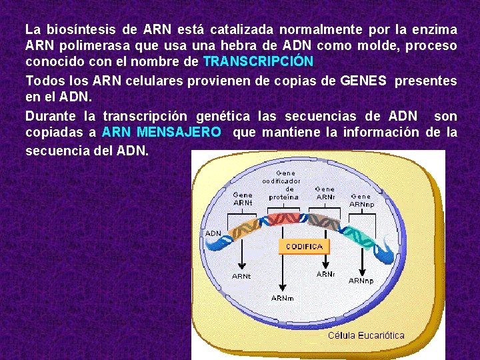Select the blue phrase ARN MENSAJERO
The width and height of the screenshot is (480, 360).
pyautogui.click(x=161, y=132)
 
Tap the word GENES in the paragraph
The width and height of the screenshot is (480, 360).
pyautogui.click(x=363, y=81)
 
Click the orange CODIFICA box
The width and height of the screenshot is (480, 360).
pyautogui.click(x=304, y=247)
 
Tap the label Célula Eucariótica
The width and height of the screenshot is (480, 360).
pyautogui.click(x=366, y=335)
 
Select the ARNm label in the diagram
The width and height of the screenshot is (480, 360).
pyautogui.click(x=283, y=298)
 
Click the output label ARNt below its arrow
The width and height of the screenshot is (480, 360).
pyautogui.click(x=241, y=276)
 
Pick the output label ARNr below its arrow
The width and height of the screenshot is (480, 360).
pyautogui.click(x=325, y=274)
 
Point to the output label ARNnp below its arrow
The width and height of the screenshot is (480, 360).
pyautogui.click(x=361, y=281)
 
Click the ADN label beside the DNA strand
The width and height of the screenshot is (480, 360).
pyautogui.click(x=213, y=233)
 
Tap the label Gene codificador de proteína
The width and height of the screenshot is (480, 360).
pyautogui.click(x=284, y=185)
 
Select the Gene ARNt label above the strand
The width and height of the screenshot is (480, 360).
pyautogui.click(x=243, y=199)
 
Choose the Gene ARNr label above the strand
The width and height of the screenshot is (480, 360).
pyautogui.click(x=325, y=193)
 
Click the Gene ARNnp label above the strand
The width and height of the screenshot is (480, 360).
pyautogui.click(x=362, y=200)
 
